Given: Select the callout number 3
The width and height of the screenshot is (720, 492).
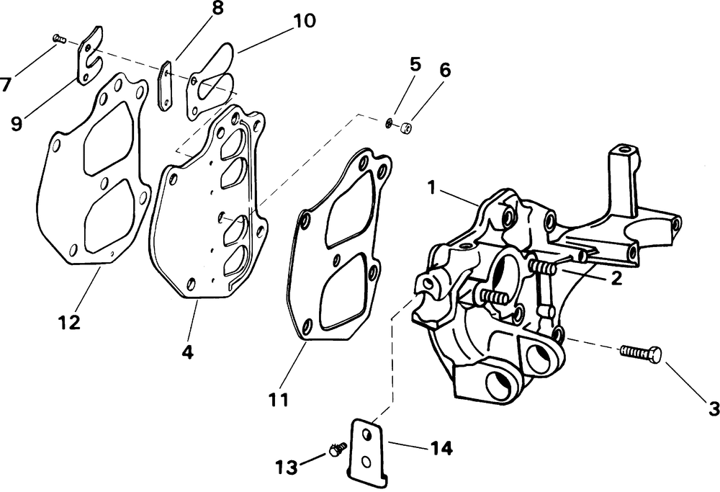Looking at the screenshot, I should coord(714,408).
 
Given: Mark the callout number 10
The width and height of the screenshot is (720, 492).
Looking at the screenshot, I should coord(303,21).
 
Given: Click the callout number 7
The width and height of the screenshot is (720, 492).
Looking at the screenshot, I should coord(6,84).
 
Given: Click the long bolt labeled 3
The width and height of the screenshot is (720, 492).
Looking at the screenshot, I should coord(640,353).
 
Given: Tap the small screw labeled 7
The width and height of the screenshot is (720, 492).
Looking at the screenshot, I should coord(59,39).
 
